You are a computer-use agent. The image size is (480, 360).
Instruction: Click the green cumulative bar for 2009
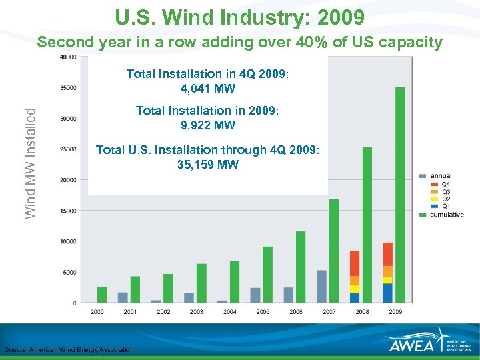[x=400, y=195]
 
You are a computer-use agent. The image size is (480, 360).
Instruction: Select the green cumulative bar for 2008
[x=367, y=225]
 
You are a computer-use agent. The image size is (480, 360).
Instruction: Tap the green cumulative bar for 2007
[x=334, y=251]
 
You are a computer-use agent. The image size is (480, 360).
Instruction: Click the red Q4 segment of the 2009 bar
[x=387, y=254]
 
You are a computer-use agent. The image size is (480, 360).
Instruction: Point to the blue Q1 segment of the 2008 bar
[x=355, y=297]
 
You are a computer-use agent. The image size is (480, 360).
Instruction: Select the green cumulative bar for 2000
[x=102, y=294]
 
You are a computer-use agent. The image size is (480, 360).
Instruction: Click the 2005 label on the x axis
[x=263, y=311]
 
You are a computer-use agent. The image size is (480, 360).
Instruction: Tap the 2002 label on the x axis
[x=163, y=311]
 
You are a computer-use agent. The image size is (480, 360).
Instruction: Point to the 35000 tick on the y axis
[x=67, y=88]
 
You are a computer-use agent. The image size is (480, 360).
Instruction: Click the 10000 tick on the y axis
[x=67, y=241]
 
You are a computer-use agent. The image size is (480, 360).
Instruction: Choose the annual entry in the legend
[x=440, y=176]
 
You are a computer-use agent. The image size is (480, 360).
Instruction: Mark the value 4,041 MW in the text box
[x=207, y=89]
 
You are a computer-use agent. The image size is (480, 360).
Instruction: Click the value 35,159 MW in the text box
[x=207, y=165]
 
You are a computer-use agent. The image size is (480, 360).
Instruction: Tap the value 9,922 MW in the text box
[x=207, y=125]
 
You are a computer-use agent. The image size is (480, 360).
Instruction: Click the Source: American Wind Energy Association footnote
[x=69, y=350]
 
